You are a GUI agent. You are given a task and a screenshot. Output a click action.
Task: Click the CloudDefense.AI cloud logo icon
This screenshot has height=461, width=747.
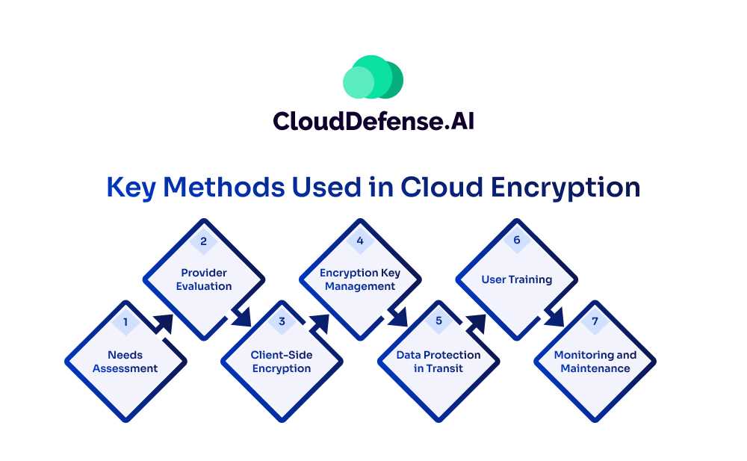coord(373,77)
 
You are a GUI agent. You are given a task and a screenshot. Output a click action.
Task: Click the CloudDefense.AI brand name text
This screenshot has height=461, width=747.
coord(373,120)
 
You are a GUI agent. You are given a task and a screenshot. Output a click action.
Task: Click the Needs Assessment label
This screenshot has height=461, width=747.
coord(125,362)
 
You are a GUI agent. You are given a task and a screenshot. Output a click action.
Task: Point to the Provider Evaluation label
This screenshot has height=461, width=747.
coord(204,279)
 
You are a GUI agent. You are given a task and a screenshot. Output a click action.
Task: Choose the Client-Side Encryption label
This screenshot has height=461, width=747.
coord(282,362)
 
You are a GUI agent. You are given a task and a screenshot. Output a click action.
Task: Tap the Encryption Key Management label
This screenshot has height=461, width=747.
coord(360,279)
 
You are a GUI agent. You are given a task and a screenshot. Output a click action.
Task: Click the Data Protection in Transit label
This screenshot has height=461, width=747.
coord(438,362)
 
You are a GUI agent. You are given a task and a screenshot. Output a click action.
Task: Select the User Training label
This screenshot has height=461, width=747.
coord(517,279)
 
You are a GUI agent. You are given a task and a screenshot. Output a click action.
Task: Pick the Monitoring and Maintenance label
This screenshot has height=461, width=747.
coord(595,362)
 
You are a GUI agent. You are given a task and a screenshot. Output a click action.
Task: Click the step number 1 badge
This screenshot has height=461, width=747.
coord(125,322)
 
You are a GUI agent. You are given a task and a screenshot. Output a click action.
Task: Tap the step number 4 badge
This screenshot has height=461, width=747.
coord(360,241)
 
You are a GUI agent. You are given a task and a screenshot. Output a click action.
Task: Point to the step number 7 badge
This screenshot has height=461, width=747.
coord(595,322)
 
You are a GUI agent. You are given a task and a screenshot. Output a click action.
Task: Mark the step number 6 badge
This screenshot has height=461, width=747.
coord(517,241)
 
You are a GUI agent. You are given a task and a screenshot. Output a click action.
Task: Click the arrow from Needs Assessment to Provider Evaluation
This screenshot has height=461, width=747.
coord(164,323)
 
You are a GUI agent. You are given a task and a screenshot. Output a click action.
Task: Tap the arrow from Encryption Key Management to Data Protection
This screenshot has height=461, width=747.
coord(399,318)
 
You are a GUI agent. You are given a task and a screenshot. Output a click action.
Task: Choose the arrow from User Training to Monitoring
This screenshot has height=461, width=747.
coord(556,318)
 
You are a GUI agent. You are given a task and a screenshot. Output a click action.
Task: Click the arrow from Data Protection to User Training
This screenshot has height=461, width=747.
coord(477,323)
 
